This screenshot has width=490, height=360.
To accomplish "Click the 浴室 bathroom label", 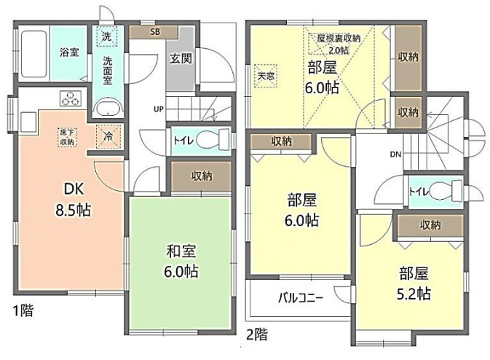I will [x=69, y=52].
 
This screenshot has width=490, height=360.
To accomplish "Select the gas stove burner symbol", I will [x=71, y=99].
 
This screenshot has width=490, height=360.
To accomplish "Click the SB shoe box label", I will [x=154, y=32].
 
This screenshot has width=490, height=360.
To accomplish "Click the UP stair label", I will [x=158, y=109].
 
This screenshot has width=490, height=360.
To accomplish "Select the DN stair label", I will [x=396, y=154].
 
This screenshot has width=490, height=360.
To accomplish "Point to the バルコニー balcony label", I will [x=300, y=297].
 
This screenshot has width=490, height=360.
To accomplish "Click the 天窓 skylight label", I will [x=265, y=74].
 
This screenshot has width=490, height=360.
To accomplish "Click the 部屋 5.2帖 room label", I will [x=413, y=283].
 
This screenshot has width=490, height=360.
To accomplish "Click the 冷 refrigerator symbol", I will [x=108, y=136].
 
